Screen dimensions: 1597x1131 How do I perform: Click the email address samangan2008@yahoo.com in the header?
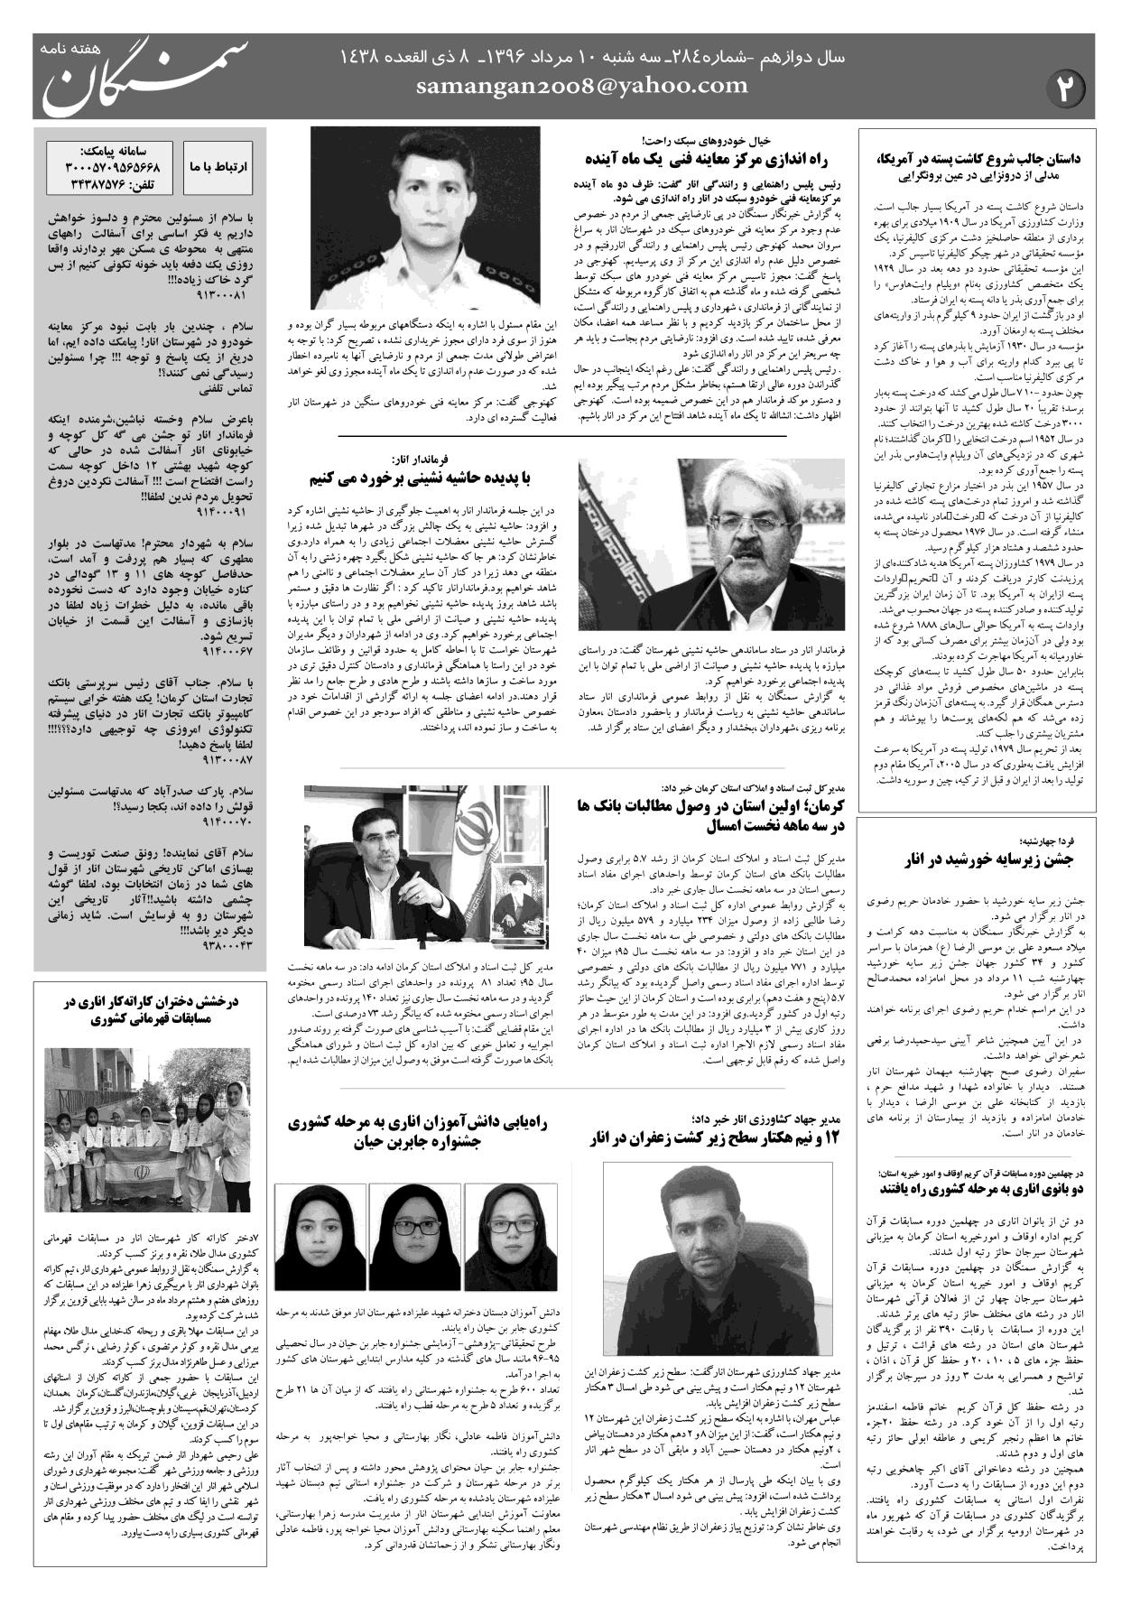(581, 86)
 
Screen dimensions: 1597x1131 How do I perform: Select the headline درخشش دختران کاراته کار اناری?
(149, 1011)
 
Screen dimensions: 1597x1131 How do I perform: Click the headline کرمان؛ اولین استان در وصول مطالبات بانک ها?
(709, 814)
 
